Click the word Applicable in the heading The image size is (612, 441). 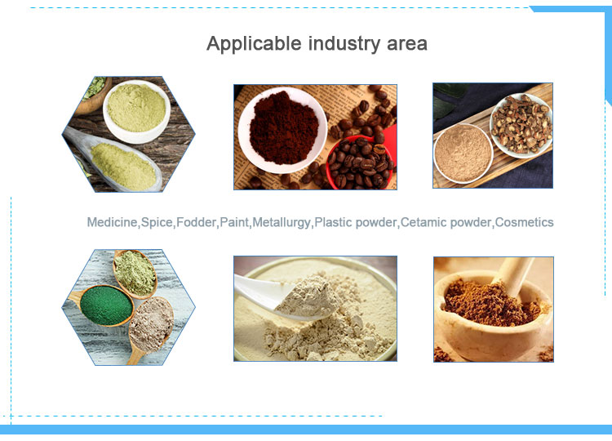pos(254,44)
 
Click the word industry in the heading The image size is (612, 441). pos(344,44)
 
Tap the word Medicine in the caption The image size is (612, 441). pos(112,222)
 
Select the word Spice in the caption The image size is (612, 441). pos(157,222)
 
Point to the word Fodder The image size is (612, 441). pos(197,222)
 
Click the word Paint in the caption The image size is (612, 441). pos(234,222)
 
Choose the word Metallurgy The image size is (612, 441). pos(281,222)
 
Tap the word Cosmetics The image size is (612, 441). pos(524,222)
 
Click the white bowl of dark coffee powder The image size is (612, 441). pos(283,130)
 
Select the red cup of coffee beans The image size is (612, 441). pos(360,162)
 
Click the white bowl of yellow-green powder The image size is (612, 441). pos(136,111)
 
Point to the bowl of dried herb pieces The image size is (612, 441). pos(521,125)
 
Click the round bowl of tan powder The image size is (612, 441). pos(463,154)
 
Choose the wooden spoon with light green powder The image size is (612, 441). pos(135,274)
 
